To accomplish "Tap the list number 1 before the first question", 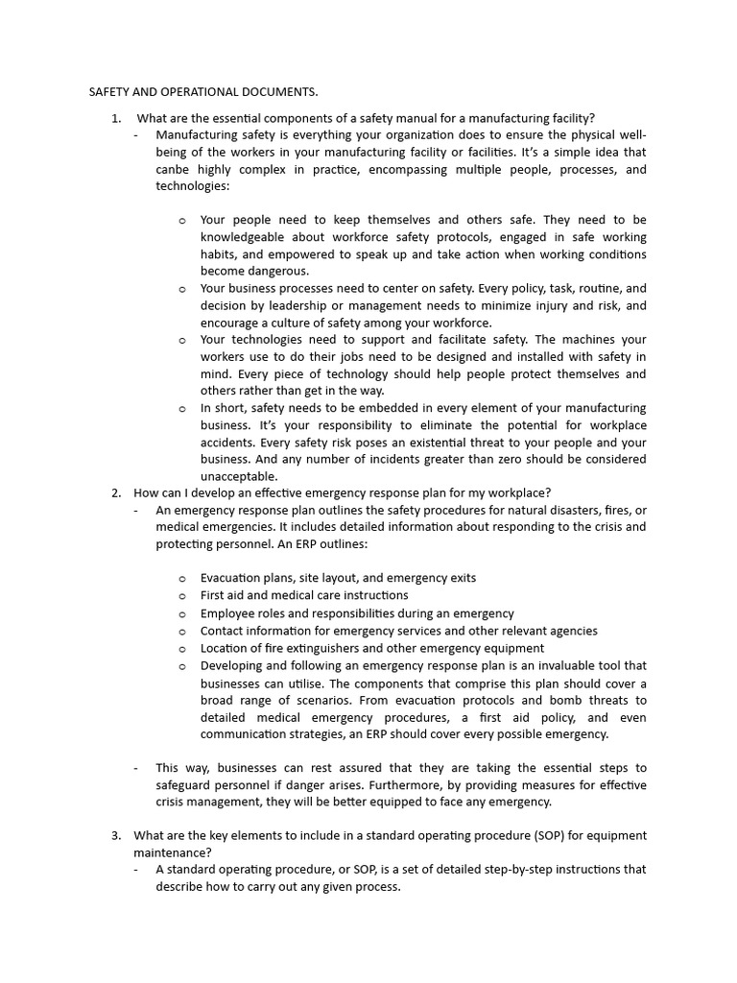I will point(115,118).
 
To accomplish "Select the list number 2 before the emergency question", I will point(115,493).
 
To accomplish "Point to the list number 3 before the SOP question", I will point(115,835).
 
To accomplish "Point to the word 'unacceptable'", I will point(239,476).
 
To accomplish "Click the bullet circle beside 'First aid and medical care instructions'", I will point(182,596).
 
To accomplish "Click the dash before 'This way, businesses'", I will point(136,768).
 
